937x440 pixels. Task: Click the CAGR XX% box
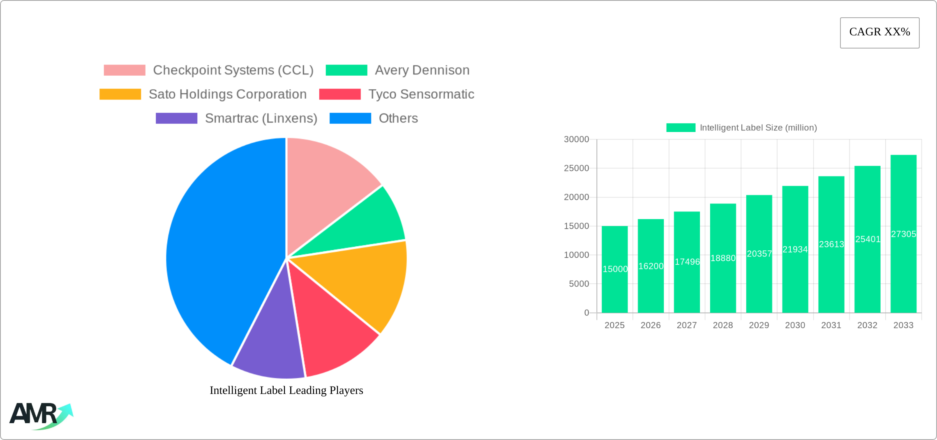879,32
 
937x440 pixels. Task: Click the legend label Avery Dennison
422,70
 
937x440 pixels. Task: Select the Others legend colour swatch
350,118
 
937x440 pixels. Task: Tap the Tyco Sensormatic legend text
421,94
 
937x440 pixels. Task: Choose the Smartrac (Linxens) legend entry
261,118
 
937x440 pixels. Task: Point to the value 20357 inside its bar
759,254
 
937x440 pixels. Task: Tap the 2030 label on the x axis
795,325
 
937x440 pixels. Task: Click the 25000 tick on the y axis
576,168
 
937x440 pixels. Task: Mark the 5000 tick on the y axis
579,284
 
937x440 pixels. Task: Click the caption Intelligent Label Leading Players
286,390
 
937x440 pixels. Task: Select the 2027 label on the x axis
687,325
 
